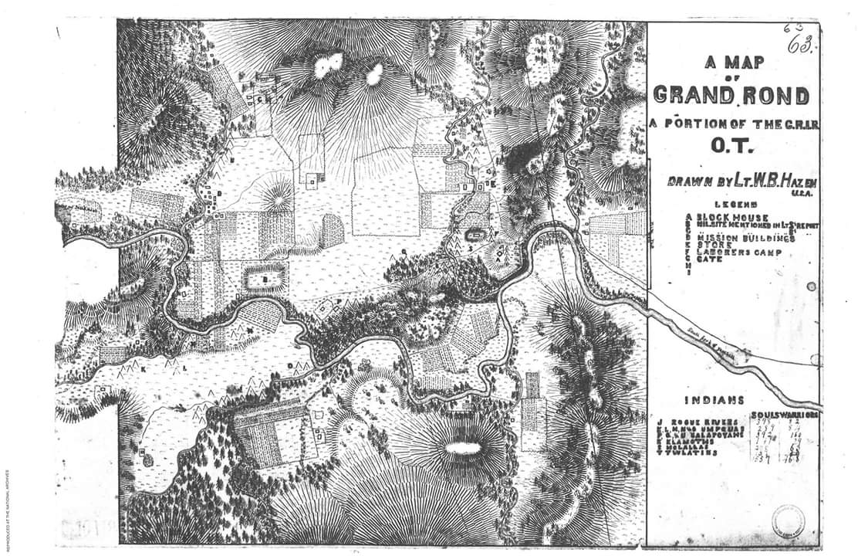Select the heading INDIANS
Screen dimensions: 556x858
point(714,400)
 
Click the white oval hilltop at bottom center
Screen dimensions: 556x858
point(461,447)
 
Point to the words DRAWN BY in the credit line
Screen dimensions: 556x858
point(694,181)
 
